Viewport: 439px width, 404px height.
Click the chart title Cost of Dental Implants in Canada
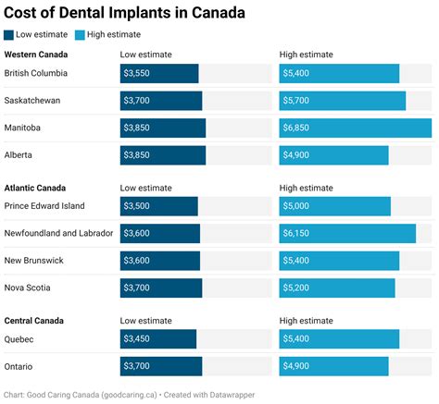(125, 13)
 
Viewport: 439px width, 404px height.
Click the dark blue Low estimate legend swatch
(9, 35)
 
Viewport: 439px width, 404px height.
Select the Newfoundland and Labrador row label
(57, 233)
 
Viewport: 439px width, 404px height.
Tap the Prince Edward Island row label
(44, 206)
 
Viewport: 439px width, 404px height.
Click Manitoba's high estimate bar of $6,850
(355, 128)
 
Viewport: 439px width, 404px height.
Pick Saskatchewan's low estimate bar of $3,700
(161, 101)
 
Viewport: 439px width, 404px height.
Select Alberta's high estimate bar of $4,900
(333, 154)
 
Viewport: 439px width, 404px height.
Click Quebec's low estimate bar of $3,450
(158, 339)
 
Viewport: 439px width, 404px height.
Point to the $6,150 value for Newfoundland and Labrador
(297, 234)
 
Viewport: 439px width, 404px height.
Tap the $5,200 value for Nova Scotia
(297, 288)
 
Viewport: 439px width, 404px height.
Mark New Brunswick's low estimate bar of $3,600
(160, 261)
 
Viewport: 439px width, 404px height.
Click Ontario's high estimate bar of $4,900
(333, 366)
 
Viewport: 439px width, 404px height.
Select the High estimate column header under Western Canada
(307, 55)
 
